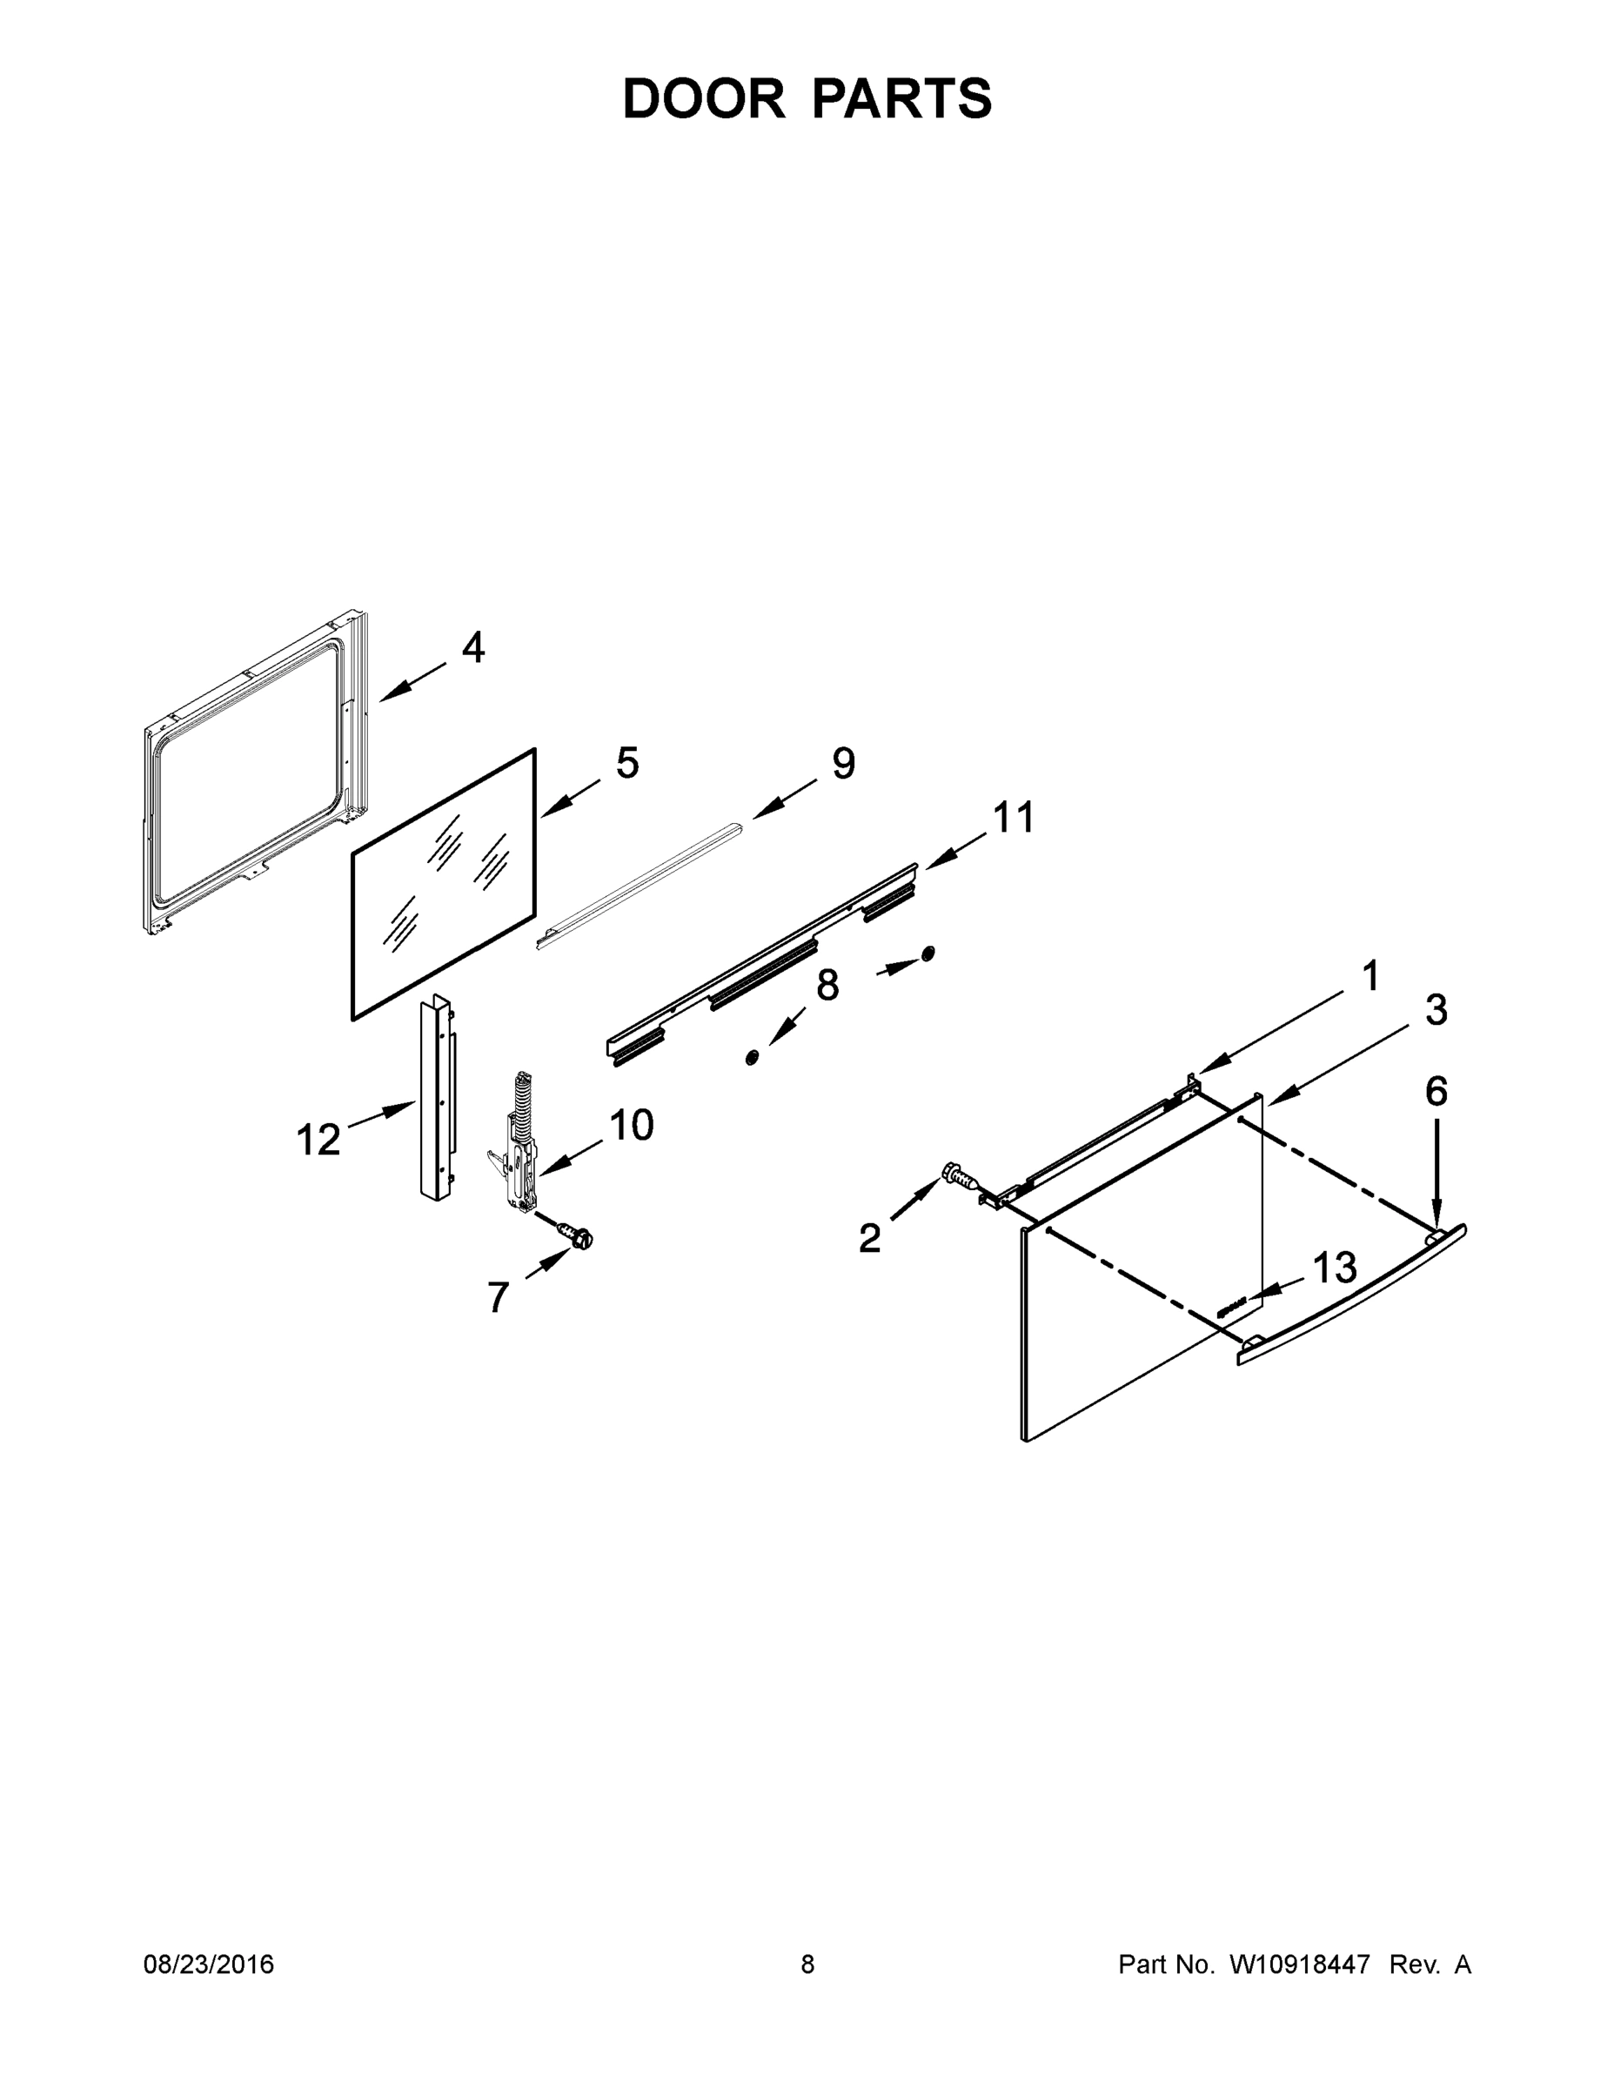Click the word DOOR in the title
point(703,98)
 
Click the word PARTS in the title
point(902,98)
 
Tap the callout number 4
point(473,648)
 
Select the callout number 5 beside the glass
point(627,763)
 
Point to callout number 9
point(843,763)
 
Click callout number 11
point(1014,818)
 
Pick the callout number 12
point(318,1140)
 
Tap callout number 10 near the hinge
point(631,1125)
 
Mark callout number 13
point(1335,1268)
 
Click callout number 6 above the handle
point(1437,1091)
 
